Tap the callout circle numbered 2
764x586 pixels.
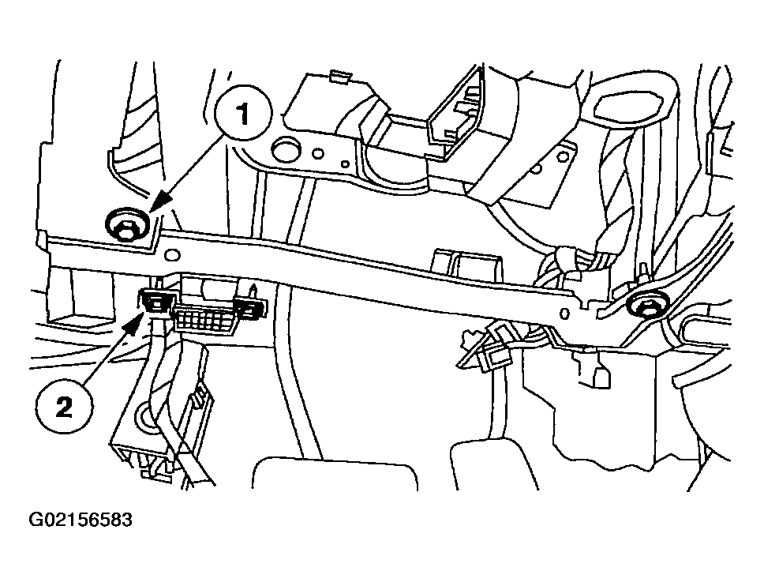coord(65,407)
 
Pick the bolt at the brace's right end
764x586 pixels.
coord(646,306)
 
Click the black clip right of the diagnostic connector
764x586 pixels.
coord(250,309)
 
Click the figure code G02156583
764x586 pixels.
coord(81,520)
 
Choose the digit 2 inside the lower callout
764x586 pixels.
coord(65,407)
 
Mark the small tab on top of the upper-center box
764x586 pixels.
coord(339,77)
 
